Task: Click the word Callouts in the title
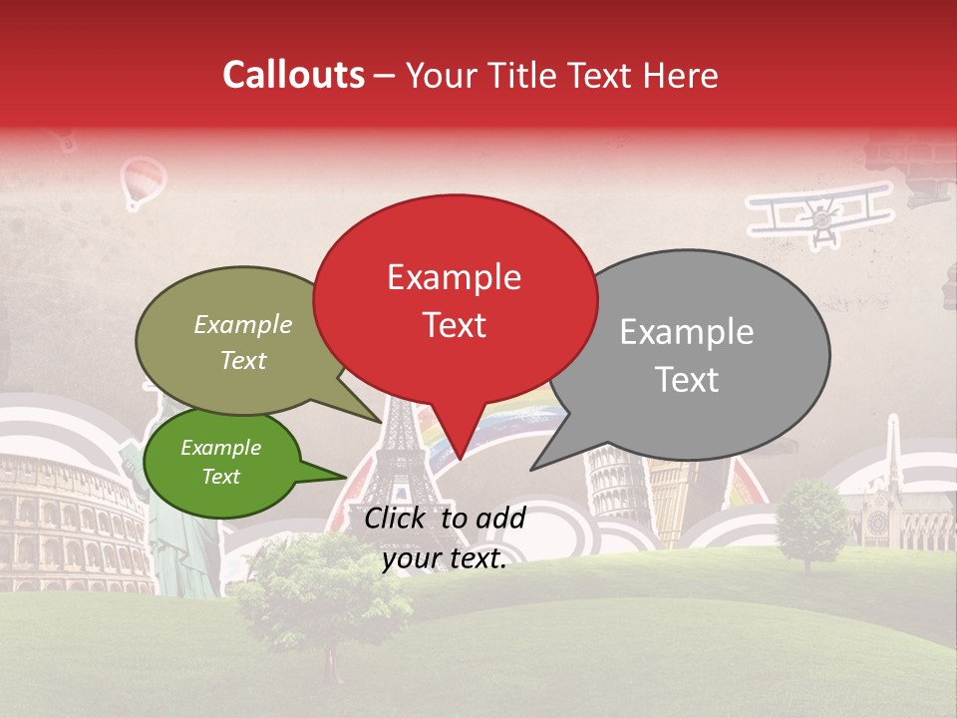(293, 75)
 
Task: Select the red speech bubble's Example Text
(455, 300)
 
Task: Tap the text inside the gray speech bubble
(687, 355)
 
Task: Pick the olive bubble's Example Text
(243, 342)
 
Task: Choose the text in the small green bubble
(220, 462)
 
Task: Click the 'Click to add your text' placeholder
(445, 538)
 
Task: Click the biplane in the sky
(821, 212)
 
